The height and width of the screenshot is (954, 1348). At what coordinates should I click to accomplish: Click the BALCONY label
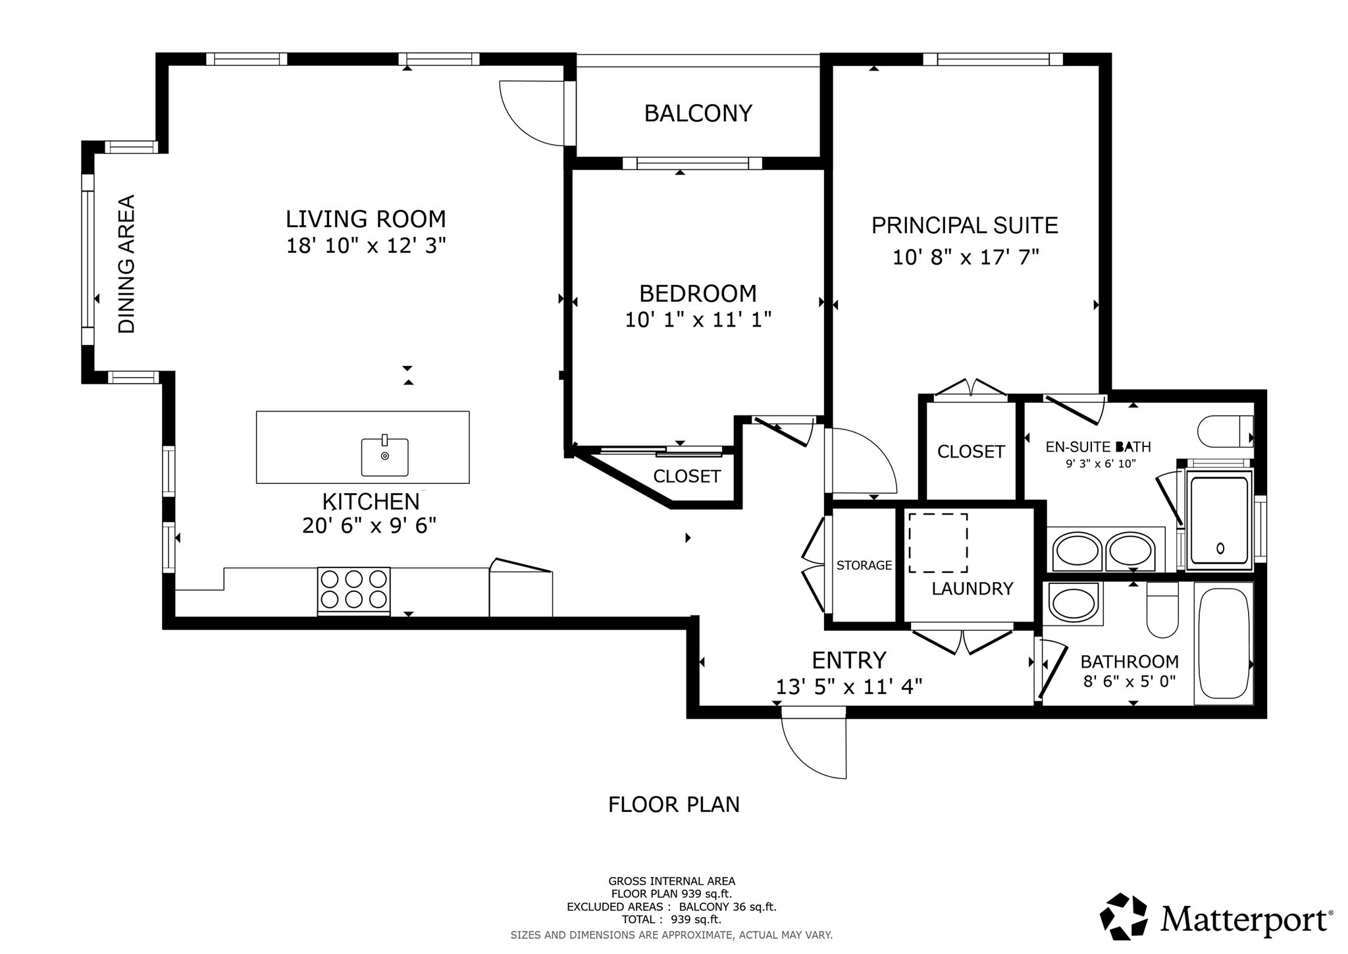698,114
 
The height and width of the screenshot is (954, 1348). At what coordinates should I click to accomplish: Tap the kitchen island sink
384,456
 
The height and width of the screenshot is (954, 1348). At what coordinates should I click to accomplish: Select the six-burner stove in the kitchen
353,590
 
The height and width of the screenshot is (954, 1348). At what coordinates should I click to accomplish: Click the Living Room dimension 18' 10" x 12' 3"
366,246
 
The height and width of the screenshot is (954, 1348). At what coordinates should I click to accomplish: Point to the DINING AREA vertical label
126,263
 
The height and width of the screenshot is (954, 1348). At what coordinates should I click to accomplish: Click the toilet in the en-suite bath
1225,432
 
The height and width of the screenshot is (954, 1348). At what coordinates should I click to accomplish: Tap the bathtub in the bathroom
1223,644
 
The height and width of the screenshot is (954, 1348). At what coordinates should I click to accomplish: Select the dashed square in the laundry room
938,543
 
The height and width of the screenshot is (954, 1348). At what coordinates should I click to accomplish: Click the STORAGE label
864,566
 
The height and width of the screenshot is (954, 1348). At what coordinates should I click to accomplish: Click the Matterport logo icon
1124,916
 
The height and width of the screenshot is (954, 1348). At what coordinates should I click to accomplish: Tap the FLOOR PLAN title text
674,805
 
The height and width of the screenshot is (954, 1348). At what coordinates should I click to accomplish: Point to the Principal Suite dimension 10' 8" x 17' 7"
965,257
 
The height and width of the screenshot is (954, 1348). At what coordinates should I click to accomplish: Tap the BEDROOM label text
698,293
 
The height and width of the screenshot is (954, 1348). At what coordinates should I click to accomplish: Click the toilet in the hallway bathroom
1162,612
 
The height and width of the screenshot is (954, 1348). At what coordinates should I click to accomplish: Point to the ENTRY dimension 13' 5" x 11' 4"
848,687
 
